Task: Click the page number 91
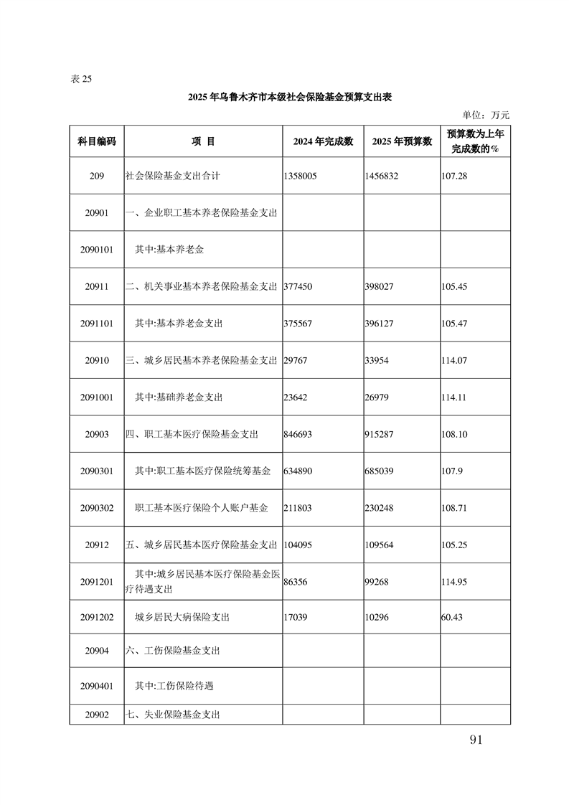(475, 740)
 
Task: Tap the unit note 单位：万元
(486, 115)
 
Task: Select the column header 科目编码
(96, 141)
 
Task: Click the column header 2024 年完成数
(323, 141)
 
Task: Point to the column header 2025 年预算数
(402, 141)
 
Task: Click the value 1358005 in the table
(300, 175)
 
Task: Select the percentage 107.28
(454, 175)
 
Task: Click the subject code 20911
(96, 286)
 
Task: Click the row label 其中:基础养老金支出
(179, 397)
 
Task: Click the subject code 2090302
(96, 508)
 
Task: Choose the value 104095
(299, 545)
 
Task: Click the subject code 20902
(96, 715)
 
